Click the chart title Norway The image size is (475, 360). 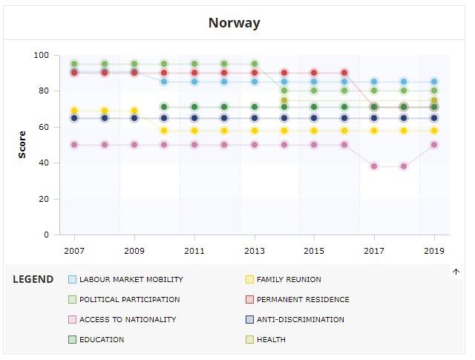235,22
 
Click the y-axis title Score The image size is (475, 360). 22,144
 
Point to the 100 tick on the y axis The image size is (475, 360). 42,55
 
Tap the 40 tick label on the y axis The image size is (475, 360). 45,163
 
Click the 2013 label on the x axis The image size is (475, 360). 254,251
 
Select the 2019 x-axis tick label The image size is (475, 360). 434,251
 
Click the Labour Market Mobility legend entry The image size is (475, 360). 131,280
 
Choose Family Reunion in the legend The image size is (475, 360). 289,280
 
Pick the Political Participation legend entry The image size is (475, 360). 129,300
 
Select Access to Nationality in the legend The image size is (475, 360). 127,320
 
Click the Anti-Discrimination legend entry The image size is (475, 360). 300,320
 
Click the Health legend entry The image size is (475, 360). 272,340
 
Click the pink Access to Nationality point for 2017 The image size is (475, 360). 374,166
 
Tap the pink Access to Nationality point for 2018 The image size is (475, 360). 404,166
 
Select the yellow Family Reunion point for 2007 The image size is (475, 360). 74,111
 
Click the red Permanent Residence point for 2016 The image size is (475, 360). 344,73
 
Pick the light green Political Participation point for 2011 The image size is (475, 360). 194,64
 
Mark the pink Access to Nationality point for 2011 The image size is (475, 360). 194,145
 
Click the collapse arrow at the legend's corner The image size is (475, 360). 456,272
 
